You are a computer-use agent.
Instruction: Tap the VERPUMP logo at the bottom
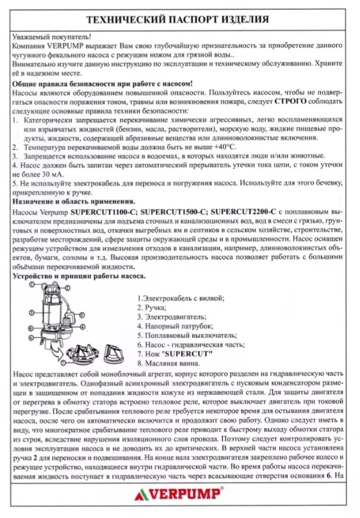[x=180, y=494]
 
